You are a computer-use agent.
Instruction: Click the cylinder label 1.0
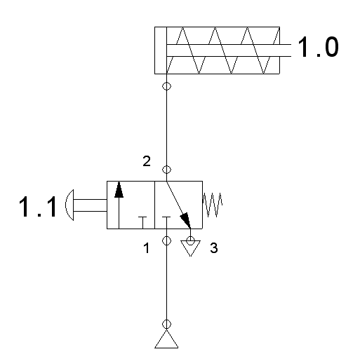point(318,47)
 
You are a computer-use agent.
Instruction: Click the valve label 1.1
point(38,207)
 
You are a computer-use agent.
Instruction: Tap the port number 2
point(147,161)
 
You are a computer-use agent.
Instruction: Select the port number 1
point(147,248)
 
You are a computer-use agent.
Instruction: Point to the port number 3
point(214,248)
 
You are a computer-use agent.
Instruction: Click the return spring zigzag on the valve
point(212,205)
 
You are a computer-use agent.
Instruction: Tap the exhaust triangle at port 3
point(190,248)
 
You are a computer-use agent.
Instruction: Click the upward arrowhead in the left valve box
point(119,190)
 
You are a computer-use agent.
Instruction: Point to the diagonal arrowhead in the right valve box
point(185,220)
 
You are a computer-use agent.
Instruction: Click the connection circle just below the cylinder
point(166,86)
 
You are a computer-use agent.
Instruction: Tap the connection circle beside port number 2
point(166,170)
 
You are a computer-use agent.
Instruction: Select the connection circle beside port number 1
point(166,240)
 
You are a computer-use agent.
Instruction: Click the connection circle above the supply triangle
point(166,324)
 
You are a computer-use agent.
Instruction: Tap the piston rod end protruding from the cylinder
point(286,50)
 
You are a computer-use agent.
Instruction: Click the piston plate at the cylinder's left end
point(166,50)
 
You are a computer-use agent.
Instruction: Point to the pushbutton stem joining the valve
point(91,205)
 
